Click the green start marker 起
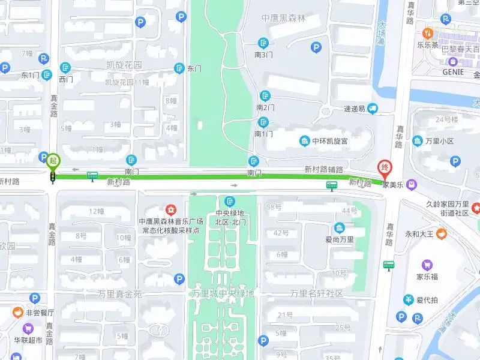[53, 160]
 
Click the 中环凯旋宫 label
[331, 141]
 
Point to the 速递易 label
[354, 109]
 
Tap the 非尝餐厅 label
[40, 313]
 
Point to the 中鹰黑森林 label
[284, 19]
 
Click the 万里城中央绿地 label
[223, 293]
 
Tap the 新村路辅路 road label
[323, 169]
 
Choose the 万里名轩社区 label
[316, 293]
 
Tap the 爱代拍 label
[427, 300]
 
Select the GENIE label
[454, 71]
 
